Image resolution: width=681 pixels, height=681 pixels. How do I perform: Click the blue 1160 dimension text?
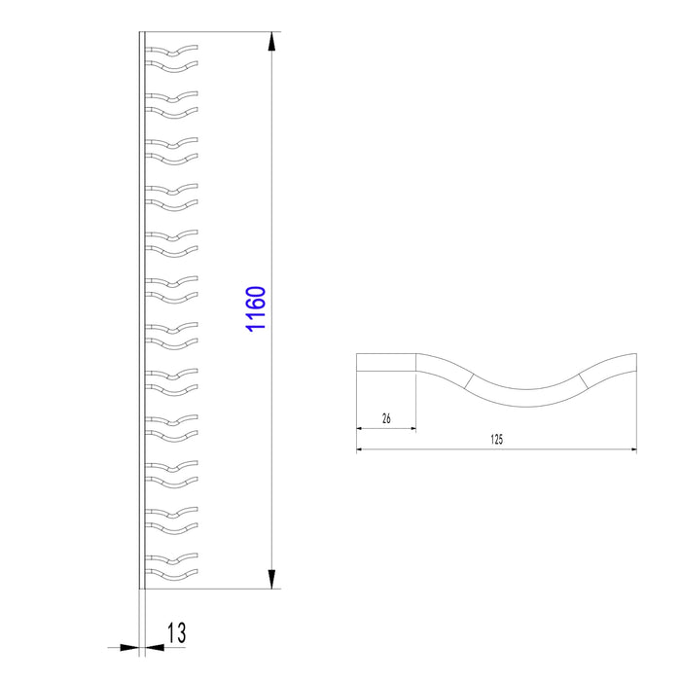(x=255, y=308)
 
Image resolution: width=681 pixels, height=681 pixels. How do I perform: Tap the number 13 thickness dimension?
(x=176, y=632)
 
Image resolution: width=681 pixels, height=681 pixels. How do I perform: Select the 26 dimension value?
(x=386, y=418)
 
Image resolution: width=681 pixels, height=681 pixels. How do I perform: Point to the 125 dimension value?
(x=496, y=439)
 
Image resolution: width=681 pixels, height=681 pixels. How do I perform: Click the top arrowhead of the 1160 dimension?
(x=271, y=42)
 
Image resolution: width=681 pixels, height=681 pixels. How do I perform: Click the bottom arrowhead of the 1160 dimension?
(x=271, y=579)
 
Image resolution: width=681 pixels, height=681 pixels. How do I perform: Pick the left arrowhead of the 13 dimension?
(x=129, y=648)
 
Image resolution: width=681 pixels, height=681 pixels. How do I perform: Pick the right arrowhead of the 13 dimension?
(x=155, y=648)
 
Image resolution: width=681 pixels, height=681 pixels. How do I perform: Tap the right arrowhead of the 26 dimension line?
(x=413, y=429)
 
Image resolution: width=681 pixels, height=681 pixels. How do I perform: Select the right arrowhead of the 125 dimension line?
(x=633, y=449)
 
